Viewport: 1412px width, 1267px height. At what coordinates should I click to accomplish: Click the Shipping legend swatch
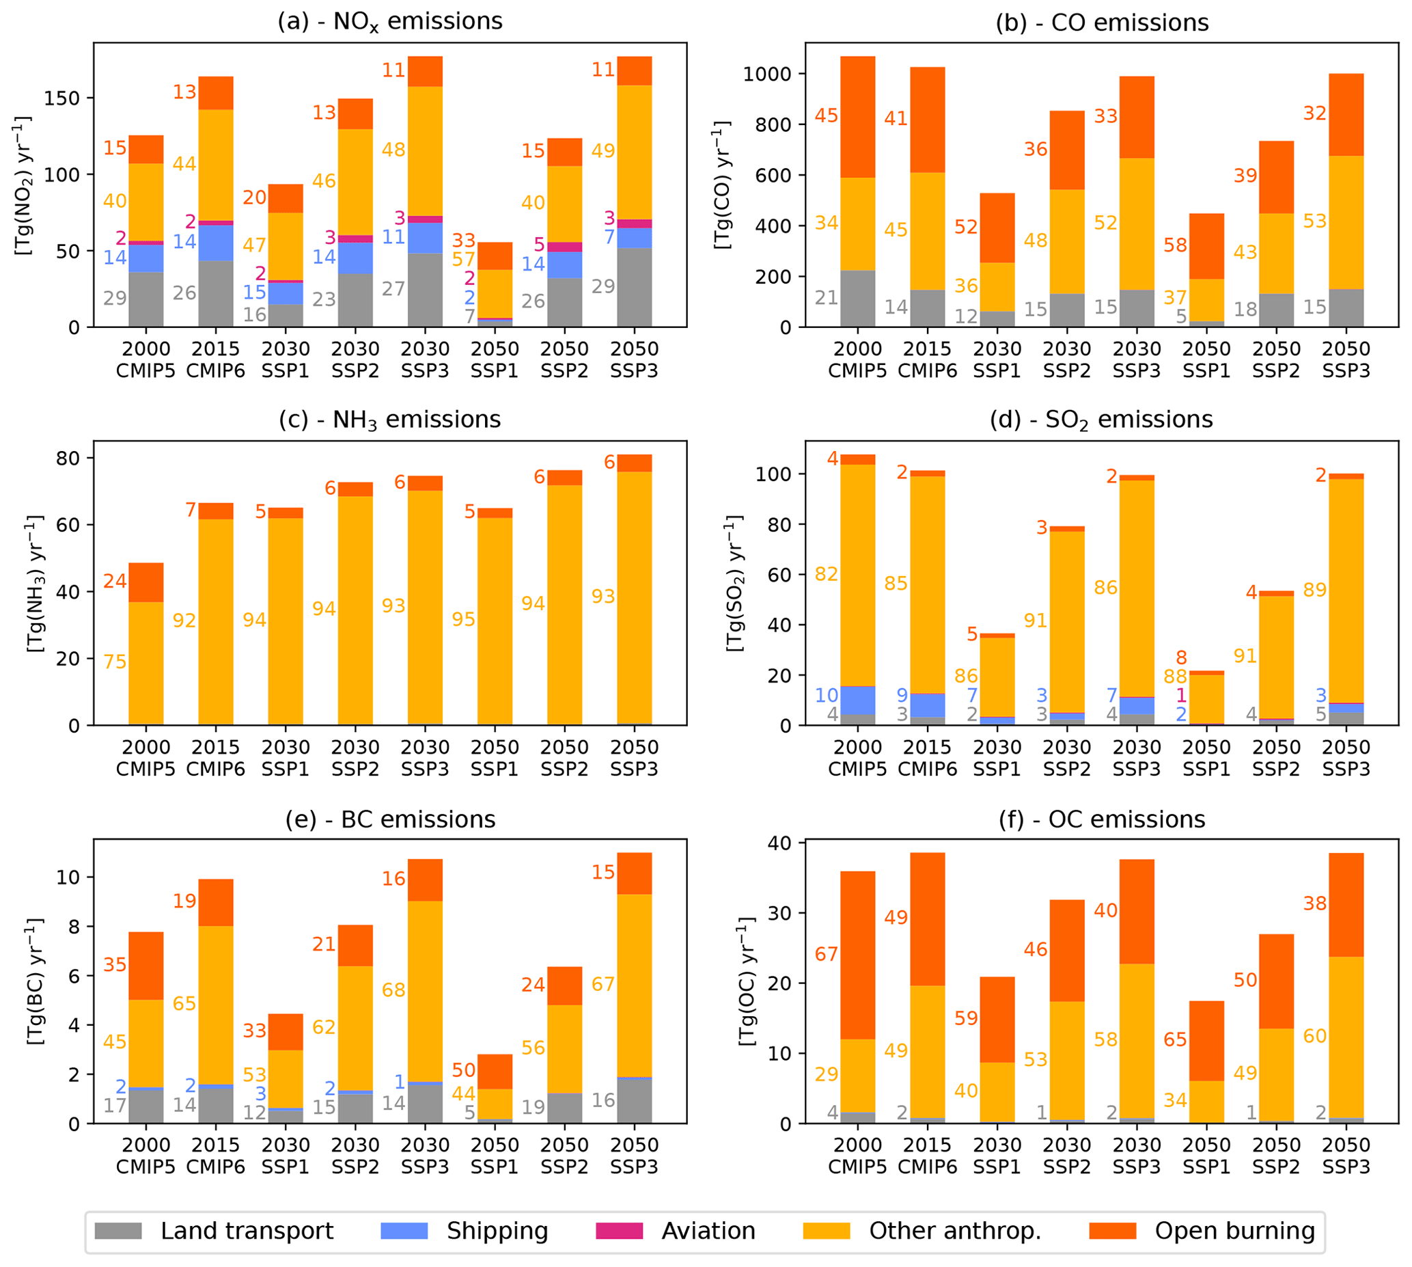click(404, 1231)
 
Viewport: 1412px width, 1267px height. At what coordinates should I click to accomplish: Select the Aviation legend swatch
click(619, 1231)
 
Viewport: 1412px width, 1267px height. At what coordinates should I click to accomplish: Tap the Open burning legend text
click(1234, 1231)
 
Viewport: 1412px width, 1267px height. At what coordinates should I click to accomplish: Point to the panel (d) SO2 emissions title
click(1101, 420)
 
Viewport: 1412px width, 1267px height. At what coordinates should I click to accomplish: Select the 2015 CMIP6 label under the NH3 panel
click(216, 758)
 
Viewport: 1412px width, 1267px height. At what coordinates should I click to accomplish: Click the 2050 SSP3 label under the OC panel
click(1346, 1156)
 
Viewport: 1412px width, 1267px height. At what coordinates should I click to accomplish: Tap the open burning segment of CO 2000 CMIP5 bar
click(857, 117)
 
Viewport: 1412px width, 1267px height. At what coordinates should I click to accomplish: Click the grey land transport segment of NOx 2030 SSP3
click(425, 290)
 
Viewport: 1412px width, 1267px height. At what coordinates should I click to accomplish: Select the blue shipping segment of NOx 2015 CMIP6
click(216, 243)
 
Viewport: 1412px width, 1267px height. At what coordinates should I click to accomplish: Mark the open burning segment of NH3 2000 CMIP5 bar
click(146, 582)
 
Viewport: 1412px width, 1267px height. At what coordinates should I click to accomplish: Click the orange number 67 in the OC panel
click(826, 954)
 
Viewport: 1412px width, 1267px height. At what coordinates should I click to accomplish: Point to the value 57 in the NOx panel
click(463, 260)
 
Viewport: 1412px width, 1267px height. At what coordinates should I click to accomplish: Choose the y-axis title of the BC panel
click(35, 981)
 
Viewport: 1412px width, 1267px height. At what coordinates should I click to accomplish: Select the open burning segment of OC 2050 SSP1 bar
click(1206, 1041)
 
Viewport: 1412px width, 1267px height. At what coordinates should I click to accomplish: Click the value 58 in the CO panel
click(1175, 245)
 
